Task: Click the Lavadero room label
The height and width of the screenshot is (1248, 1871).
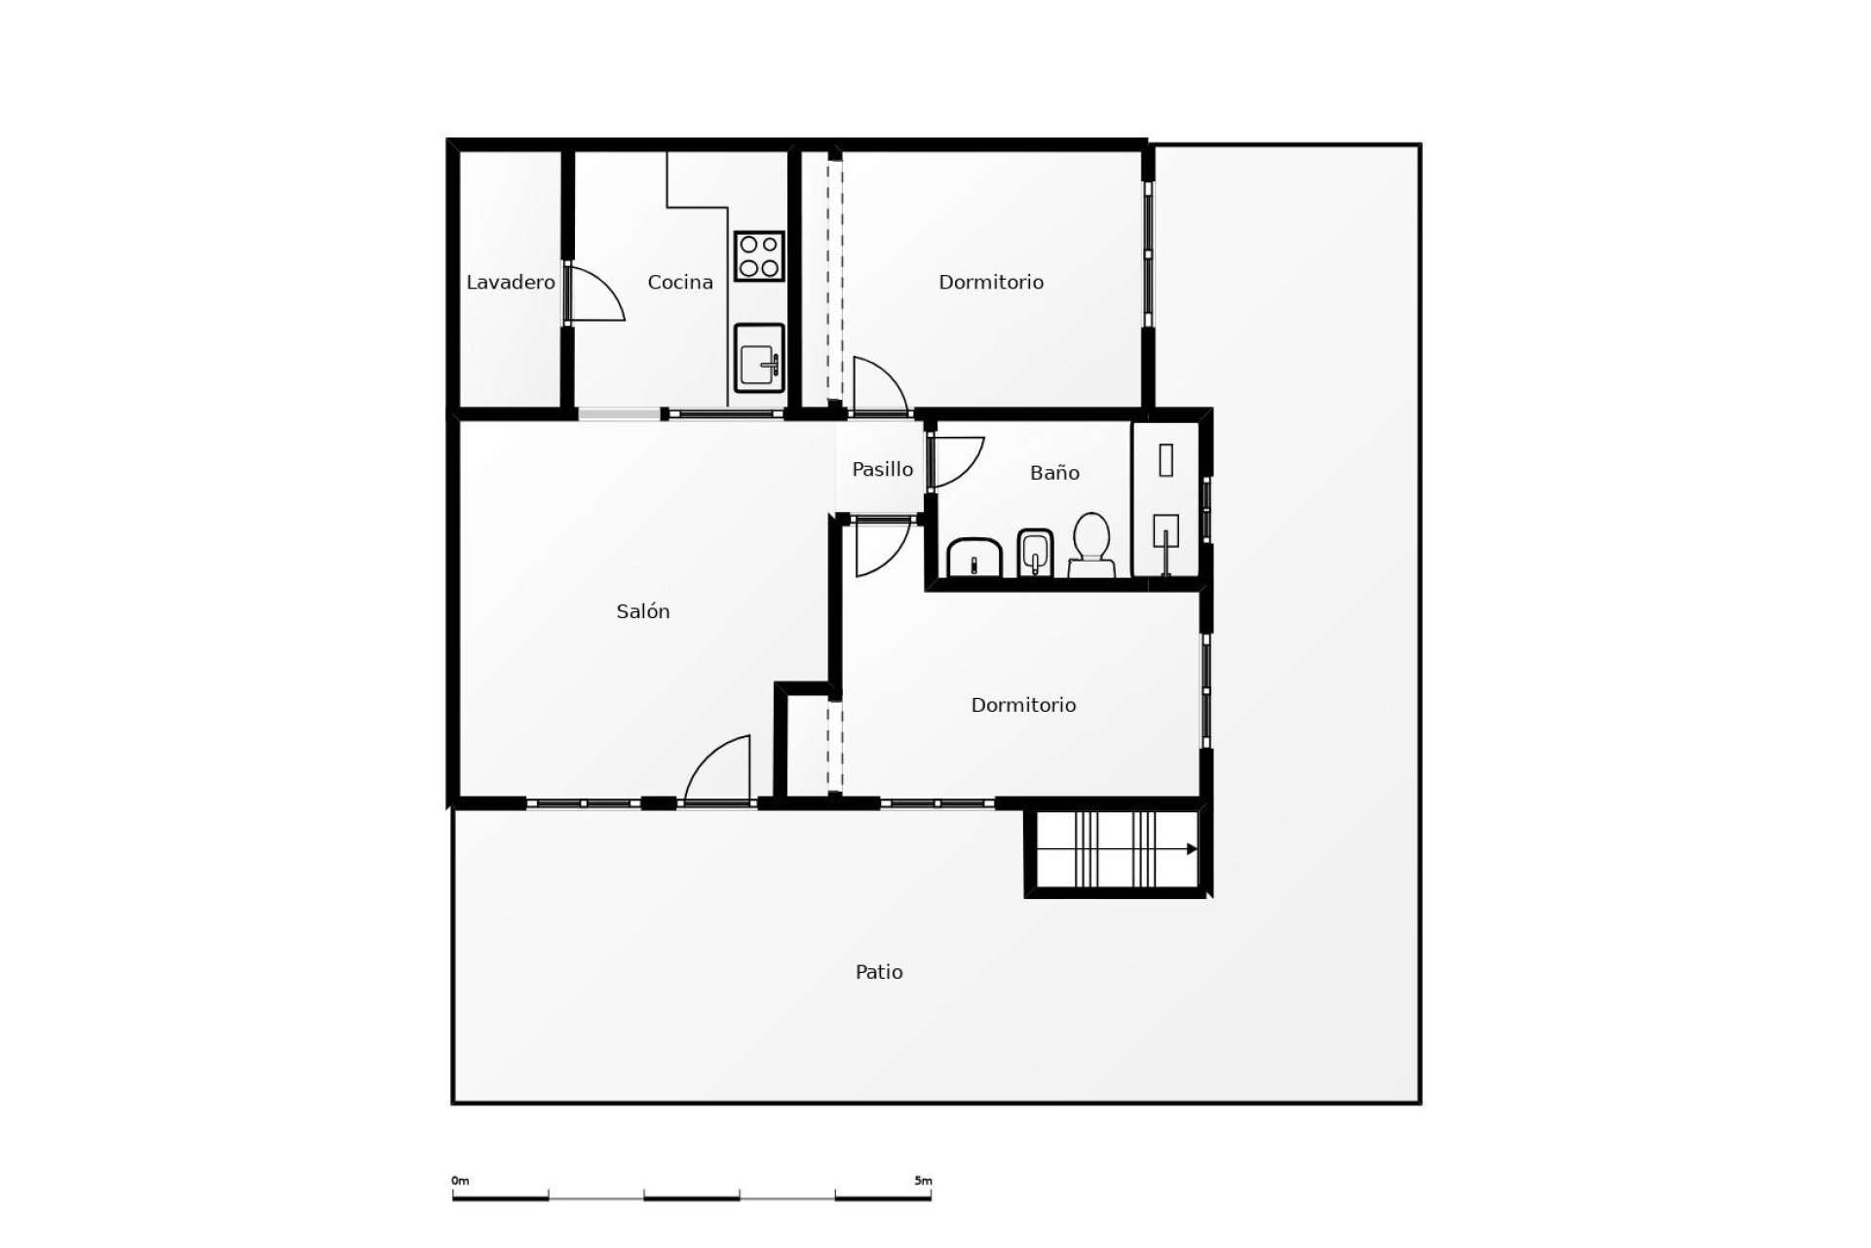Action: coord(511,283)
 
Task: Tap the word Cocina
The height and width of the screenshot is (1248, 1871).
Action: coord(680,283)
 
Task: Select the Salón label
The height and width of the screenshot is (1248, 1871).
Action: coord(643,611)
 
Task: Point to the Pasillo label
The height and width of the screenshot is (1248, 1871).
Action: coord(883,469)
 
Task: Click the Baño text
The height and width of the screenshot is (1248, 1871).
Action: coord(1054,473)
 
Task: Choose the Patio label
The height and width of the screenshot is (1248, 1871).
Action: coord(879,972)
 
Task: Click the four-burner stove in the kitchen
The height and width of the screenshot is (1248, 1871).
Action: coord(759,256)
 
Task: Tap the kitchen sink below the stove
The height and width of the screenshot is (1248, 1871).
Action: coord(759,358)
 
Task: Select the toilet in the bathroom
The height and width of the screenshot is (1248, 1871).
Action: coord(1091,546)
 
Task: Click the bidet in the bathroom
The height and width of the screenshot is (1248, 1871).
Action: coord(1035,553)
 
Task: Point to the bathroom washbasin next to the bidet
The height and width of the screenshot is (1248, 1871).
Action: coord(974,557)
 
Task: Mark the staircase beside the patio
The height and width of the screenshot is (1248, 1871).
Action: coord(1116,849)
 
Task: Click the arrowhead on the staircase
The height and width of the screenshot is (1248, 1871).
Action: coord(1192,849)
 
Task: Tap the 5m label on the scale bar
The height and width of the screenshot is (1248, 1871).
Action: coord(923,1181)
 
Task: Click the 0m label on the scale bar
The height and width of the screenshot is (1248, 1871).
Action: coord(460,1181)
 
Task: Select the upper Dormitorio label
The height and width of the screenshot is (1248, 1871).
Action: coord(991,283)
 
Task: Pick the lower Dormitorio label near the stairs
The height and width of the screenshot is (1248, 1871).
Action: coord(1023,705)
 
